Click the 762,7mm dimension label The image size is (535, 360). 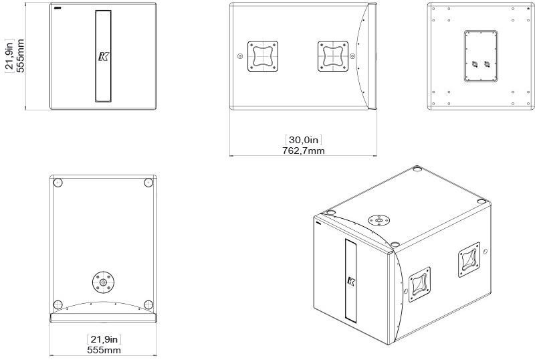304,151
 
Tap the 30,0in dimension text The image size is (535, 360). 304,140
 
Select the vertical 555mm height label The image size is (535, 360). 21,56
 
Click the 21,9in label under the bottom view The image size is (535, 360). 104,339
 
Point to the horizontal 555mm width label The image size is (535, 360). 104,350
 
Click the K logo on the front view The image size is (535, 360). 103,56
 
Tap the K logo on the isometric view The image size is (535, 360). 351,282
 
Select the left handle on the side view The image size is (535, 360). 263,56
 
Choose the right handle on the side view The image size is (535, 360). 333,56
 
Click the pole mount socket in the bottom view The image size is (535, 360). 103,282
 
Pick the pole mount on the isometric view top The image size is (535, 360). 379,220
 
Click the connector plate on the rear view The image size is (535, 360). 481,56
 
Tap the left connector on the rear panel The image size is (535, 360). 474,64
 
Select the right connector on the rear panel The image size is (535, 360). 487,64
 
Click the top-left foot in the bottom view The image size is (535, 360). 58,183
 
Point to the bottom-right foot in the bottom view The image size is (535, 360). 148,304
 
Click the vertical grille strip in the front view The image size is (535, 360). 103,56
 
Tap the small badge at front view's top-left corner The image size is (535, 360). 58,8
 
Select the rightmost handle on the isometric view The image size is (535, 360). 469,259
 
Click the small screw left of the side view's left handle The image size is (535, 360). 240,56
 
